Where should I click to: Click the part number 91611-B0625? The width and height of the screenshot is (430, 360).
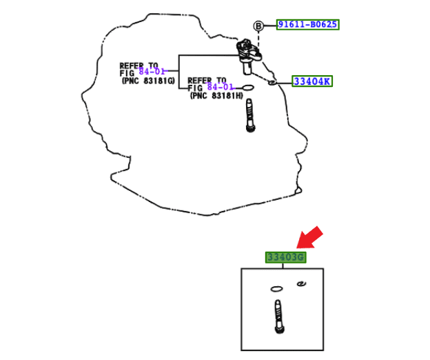pyautogui.click(x=307, y=25)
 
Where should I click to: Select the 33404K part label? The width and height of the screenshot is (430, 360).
pyautogui.click(x=312, y=81)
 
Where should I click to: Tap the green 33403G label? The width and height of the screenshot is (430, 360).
pyautogui.click(x=285, y=257)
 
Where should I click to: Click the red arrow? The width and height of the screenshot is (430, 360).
pyautogui.click(x=309, y=238)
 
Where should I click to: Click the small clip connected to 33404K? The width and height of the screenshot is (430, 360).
pyautogui.click(x=273, y=82)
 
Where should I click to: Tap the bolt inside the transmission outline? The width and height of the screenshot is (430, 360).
pyautogui.click(x=249, y=115)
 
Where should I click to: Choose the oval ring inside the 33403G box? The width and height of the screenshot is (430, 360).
pyautogui.click(x=277, y=289)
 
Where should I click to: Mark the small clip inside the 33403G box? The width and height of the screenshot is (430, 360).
pyautogui.click(x=301, y=283)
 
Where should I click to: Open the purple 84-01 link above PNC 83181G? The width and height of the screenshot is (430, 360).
pyautogui.click(x=152, y=72)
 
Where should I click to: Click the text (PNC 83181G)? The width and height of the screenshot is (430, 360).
pyautogui.click(x=148, y=81)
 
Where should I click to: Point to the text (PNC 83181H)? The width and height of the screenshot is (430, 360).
pyautogui.click(x=216, y=96)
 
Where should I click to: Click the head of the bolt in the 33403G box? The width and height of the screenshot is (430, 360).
pyautogui.click(x=278, y=330)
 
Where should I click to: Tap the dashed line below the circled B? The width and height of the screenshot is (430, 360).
pyautogui.click(x=259, y=39)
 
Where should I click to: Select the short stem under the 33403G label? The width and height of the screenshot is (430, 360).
pyautogui.click(x=283, y=266)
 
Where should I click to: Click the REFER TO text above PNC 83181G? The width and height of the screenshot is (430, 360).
pyautogui.click(x=138, y=65)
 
